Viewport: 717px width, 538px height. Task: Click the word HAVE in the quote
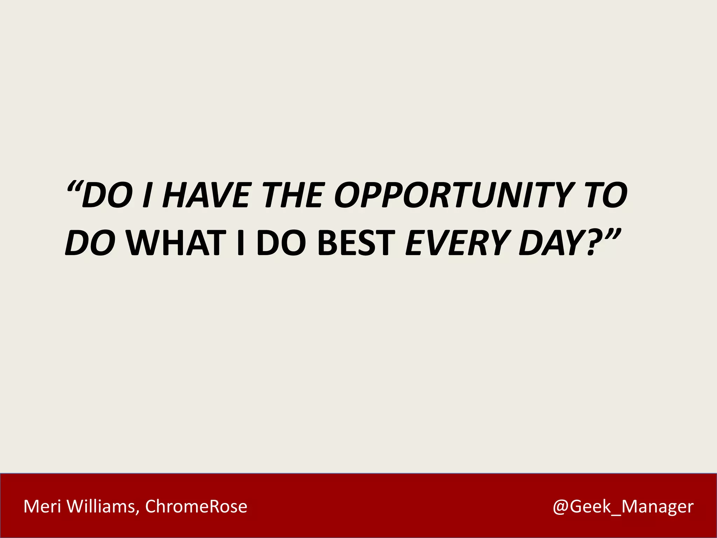[207, 195]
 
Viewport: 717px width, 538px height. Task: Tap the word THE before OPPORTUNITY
[293, 195]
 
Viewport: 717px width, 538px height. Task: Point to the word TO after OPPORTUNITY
[606, 195]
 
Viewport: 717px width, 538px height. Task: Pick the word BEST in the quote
[357, 243]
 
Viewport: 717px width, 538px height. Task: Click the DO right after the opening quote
[107, 195]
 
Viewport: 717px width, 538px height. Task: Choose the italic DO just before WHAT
[90, 243]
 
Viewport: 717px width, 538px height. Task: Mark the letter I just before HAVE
[148, 195]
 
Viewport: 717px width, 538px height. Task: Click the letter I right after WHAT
[241, 243]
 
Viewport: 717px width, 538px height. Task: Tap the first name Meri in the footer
[42, 506]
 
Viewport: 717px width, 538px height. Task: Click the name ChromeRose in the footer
[196, 506]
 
